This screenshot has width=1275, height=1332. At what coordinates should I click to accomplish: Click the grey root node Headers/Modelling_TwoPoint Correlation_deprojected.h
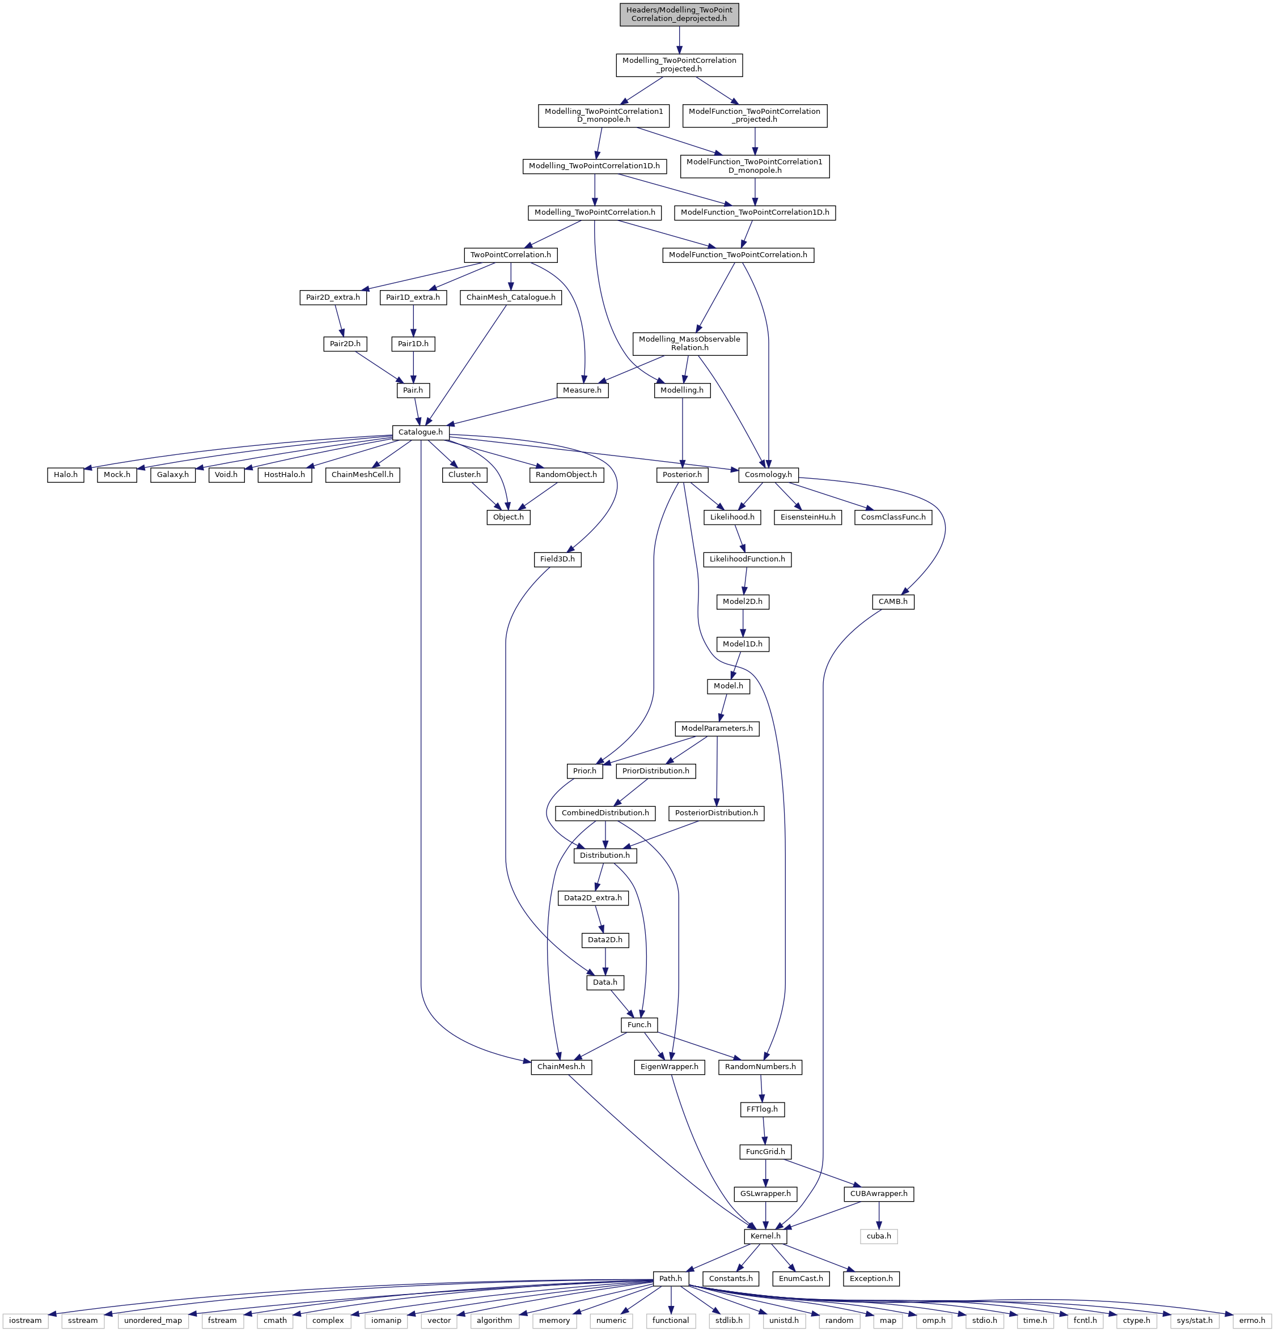click(679, 14)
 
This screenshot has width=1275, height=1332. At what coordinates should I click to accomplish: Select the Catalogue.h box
click(420, 432)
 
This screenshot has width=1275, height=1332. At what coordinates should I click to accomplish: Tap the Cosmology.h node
click(768, 474)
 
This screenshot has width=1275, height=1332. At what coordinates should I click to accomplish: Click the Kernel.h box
click(765, 1236)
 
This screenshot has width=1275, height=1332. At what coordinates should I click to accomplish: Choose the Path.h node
click(670, 1278)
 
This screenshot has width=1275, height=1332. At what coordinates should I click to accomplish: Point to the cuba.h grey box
click(879, 1236)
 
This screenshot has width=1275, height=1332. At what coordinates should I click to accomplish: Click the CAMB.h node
click(892, 602)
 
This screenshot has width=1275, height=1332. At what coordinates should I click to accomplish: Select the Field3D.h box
click(557, 560)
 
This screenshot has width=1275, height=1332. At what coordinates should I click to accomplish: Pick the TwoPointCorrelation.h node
click(510, 255)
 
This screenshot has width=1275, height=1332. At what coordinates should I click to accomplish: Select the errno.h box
click(1252, 1321)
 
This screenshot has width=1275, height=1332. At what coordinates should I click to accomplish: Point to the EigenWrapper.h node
click(670, 1067)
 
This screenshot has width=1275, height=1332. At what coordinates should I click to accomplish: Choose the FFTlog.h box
click(762, 1109)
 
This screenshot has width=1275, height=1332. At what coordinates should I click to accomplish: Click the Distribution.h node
click(605, 855)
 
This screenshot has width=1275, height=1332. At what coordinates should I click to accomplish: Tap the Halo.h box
click(65, 474)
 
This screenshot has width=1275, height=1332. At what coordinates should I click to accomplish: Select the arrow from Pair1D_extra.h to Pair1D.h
click(413, 321)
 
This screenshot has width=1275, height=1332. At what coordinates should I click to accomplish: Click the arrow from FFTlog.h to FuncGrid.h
click(763, 1130)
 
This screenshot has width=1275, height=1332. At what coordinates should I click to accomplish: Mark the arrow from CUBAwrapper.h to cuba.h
click(879, 1215)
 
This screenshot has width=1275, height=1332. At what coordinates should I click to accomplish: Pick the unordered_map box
click(153, 1321)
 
